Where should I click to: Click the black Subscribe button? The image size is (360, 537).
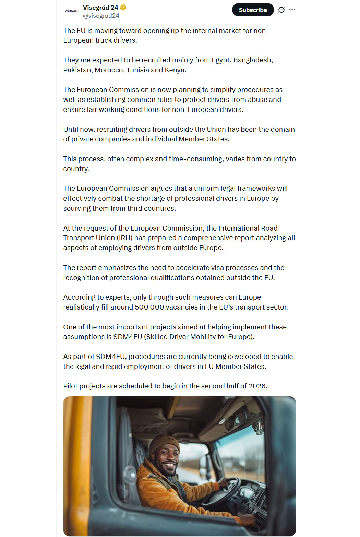(253, 10)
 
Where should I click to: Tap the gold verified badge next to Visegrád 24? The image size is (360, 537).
(123, 7)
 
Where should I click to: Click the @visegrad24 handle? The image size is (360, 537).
(101, 16)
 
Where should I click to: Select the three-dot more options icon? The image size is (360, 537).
(292, 10)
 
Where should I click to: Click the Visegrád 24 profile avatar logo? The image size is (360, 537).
(71, 11)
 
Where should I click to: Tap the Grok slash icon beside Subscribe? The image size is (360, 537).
(281, 10)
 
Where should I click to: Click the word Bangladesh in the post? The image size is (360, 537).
(253, 60)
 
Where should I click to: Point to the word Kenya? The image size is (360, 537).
(175, 70)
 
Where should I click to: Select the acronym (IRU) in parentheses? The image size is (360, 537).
(124, 238)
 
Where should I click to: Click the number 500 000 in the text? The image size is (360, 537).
(149, 307)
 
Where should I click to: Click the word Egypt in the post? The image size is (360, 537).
(221, 60)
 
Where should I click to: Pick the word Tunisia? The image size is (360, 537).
(137, 70)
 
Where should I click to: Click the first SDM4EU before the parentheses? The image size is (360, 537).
(128, 337)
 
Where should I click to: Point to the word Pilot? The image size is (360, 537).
(70, 386)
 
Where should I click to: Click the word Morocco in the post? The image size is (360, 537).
(109, 70)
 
